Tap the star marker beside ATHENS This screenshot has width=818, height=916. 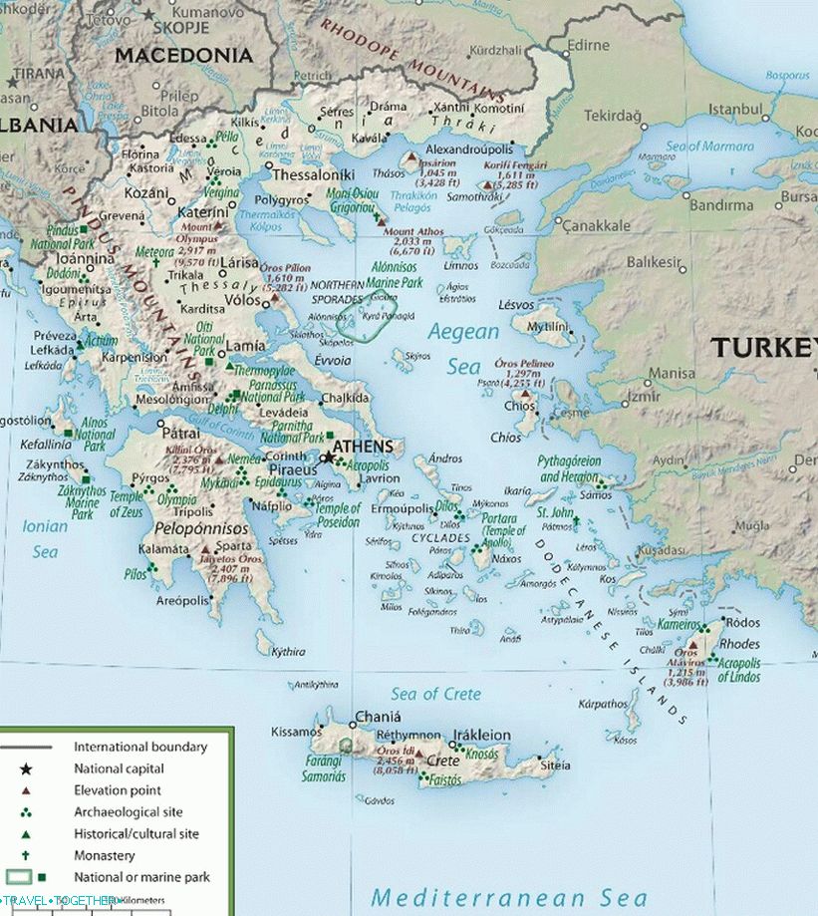click(328, 458)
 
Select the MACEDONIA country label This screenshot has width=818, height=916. click(183, 56)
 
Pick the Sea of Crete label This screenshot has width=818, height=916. click(435, 694)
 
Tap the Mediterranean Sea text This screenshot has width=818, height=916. click(509, 897)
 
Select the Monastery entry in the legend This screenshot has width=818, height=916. click(105, 855)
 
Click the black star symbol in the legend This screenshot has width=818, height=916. click(26, 768)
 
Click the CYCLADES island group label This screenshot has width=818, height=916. click(440, 538)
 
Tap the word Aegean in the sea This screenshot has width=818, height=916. click(463, 332)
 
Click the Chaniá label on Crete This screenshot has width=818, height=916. click(378, 717)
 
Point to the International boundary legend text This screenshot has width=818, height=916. click(140, 747)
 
